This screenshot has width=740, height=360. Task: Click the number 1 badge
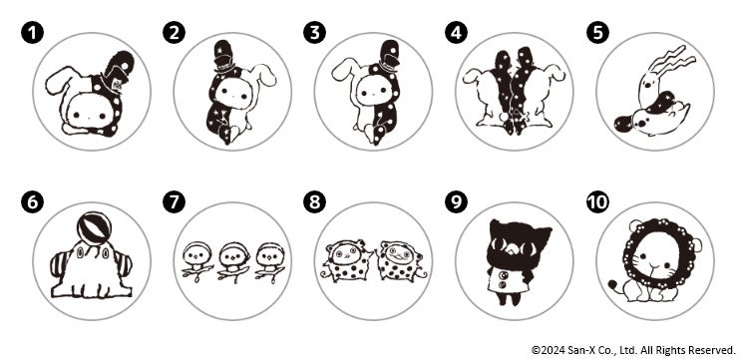pyautogui.click(x=32, y=33)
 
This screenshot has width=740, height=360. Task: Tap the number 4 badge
pyautogui.click(x=456, y=33)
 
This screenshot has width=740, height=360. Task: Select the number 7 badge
pyautogui.click(x=174, y=202)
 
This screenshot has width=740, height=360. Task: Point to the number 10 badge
pyautogui.click(x=597, y=202)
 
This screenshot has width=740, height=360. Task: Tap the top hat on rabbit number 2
pyautogui.click(x=221, y=56)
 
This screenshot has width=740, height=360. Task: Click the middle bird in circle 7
pyautogui.click(x=232, y=261)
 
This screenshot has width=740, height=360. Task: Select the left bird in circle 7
pyautogui.click(x=195, y=261)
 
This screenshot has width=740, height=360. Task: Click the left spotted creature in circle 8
pyautogui.click(x=347, y=261)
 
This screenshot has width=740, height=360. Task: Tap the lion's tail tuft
pyautogui.click(x=612, y=284)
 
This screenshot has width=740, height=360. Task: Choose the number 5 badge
pyautogui.click(x=597, y=33)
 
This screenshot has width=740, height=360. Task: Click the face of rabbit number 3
pyautogui.click(x=372, y=95)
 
